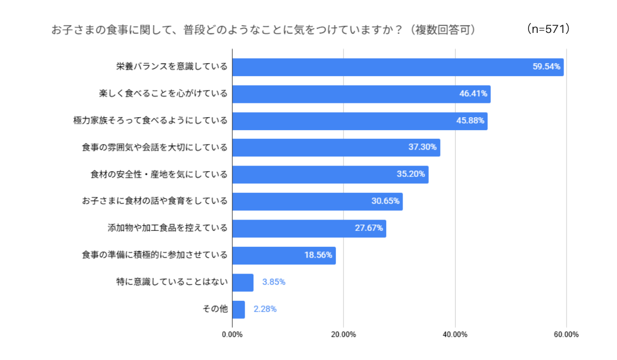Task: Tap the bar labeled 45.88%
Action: (x=359, y=121)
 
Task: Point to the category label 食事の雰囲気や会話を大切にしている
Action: (x=154, y=148)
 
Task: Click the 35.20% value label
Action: (x=411, y=174)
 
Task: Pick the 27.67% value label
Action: (x=369, y=228)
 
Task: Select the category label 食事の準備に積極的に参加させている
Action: (x=154, y=255)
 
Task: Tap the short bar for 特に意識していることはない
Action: (x=243, y=282)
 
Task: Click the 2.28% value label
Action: (x=265, y=309)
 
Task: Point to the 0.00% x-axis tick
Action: (x=232, y=335)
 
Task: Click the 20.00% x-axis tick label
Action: (x=343, y=335)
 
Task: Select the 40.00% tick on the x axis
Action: (x=455, y=335)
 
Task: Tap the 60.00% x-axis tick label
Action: (x=566, y=335)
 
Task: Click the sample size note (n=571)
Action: (x=549, y=29)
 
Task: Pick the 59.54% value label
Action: (x=546, y=67)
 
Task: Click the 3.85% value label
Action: (x=274, y=282)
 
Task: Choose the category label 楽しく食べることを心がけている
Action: (x=163, y=94)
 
